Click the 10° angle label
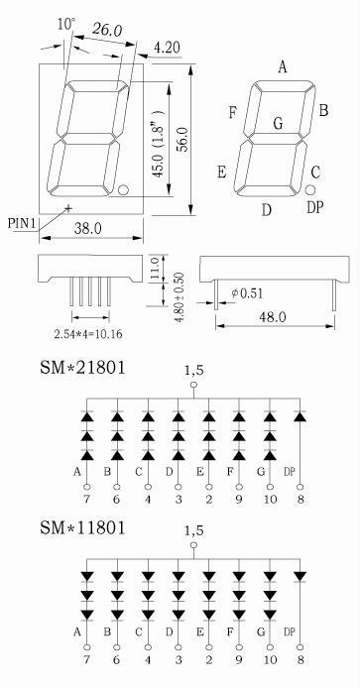tap(66, 24)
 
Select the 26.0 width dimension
tap(107, 30)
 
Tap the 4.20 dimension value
tap(167, 48)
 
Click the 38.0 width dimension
tap(87, 228)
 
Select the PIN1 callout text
tap(22, 223)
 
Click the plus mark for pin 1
tap(68, 207)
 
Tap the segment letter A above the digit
tap(283, 67)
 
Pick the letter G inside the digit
tap(278, 124)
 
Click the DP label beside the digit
tap(315, 207)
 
